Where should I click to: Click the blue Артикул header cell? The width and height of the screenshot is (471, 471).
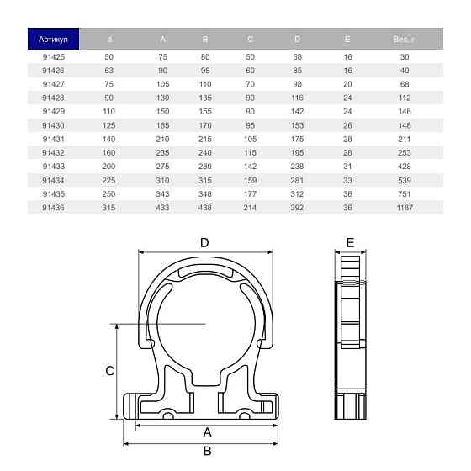[x=53, y=39]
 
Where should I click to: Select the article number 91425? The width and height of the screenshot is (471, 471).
[x=53, y=56]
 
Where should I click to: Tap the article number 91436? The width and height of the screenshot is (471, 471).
[x=53, y=207]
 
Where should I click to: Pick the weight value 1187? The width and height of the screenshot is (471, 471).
[x=405, y=207]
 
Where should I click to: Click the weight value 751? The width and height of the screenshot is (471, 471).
[x=405, y=193]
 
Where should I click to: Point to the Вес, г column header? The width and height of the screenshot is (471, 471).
[x=404, y=39]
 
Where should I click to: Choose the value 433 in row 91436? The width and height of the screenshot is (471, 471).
[x=162, y=207]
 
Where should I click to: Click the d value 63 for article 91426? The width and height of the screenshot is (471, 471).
[x=108, y=70]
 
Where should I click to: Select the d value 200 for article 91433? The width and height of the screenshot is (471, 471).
[x=108, y=166]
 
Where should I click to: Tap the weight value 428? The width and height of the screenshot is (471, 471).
[x=405, y=166]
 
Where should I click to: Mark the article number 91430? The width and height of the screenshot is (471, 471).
[x=53, y=124]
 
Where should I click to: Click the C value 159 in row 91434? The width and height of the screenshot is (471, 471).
[x=250, y=179]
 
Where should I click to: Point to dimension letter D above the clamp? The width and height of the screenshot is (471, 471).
[x=204, y=242]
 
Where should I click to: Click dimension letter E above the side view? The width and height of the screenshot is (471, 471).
[x=350, y=242]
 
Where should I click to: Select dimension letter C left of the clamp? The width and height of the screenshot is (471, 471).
[x=109, y=370]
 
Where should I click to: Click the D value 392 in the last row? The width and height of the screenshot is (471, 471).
[x=296, y=207]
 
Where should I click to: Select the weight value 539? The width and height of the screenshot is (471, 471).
[x=405, y=179]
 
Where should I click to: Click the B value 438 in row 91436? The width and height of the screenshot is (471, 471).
[x=205, y=207]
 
